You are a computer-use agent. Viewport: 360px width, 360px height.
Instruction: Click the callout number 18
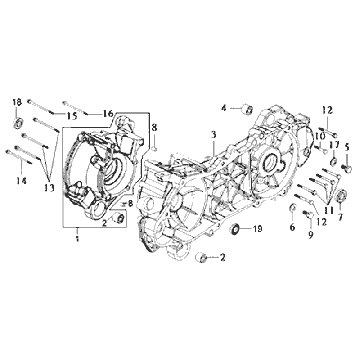(17, 102)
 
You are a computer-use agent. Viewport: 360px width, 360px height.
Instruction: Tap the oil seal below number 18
(18, 123)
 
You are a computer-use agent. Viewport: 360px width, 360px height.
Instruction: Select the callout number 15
(72, 116)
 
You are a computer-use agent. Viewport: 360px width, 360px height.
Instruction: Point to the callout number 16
(108, 113)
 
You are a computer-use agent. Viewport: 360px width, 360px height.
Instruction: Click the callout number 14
(20, 180)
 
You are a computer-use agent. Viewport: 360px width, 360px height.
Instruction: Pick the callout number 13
(49, 188)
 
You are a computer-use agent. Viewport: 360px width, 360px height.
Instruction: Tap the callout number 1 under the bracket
(77, 239)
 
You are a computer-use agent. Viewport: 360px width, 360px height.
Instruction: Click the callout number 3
(213, 135)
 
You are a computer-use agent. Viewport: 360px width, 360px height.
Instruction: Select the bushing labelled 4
(247, 109)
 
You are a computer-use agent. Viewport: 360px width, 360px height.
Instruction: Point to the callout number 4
(224, 108)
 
